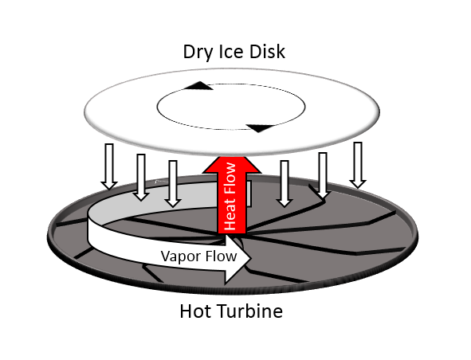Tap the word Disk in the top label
point(267,52)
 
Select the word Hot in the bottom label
point(193,311)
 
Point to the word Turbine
point(248,311)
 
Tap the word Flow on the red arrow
point(230,178)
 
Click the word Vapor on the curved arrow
point(179,256)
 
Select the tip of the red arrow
point(232,157)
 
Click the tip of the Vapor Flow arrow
point(250,258)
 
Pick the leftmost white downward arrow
point(109,166)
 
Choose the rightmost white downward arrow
point(358,165)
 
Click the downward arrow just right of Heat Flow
point(285,184)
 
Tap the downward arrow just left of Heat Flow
point(173,184)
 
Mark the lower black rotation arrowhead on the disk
point(261,128)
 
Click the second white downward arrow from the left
point(141,177)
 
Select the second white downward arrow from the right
point(323,176)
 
